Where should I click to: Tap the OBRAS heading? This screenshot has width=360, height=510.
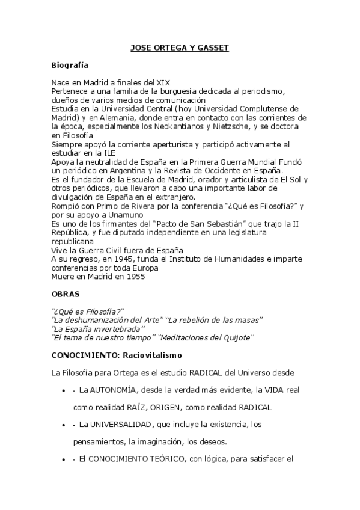coord(65,295)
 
